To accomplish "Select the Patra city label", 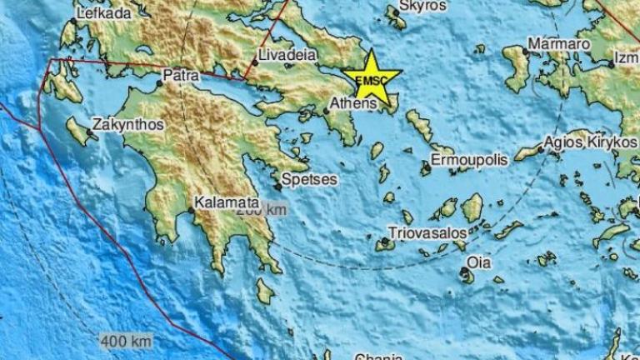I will coord(181,75).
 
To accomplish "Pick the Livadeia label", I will coord(287,55).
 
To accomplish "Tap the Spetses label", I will coord(309,178).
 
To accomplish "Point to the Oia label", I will coord(478,262).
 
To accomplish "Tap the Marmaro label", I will coord(559,43).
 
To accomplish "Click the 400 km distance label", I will coord(126,340).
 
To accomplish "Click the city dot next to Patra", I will coord(160,82).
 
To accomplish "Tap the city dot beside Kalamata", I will coord(191,210).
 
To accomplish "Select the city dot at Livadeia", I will coord(256,62).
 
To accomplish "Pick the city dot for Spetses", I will coord(278,187).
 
